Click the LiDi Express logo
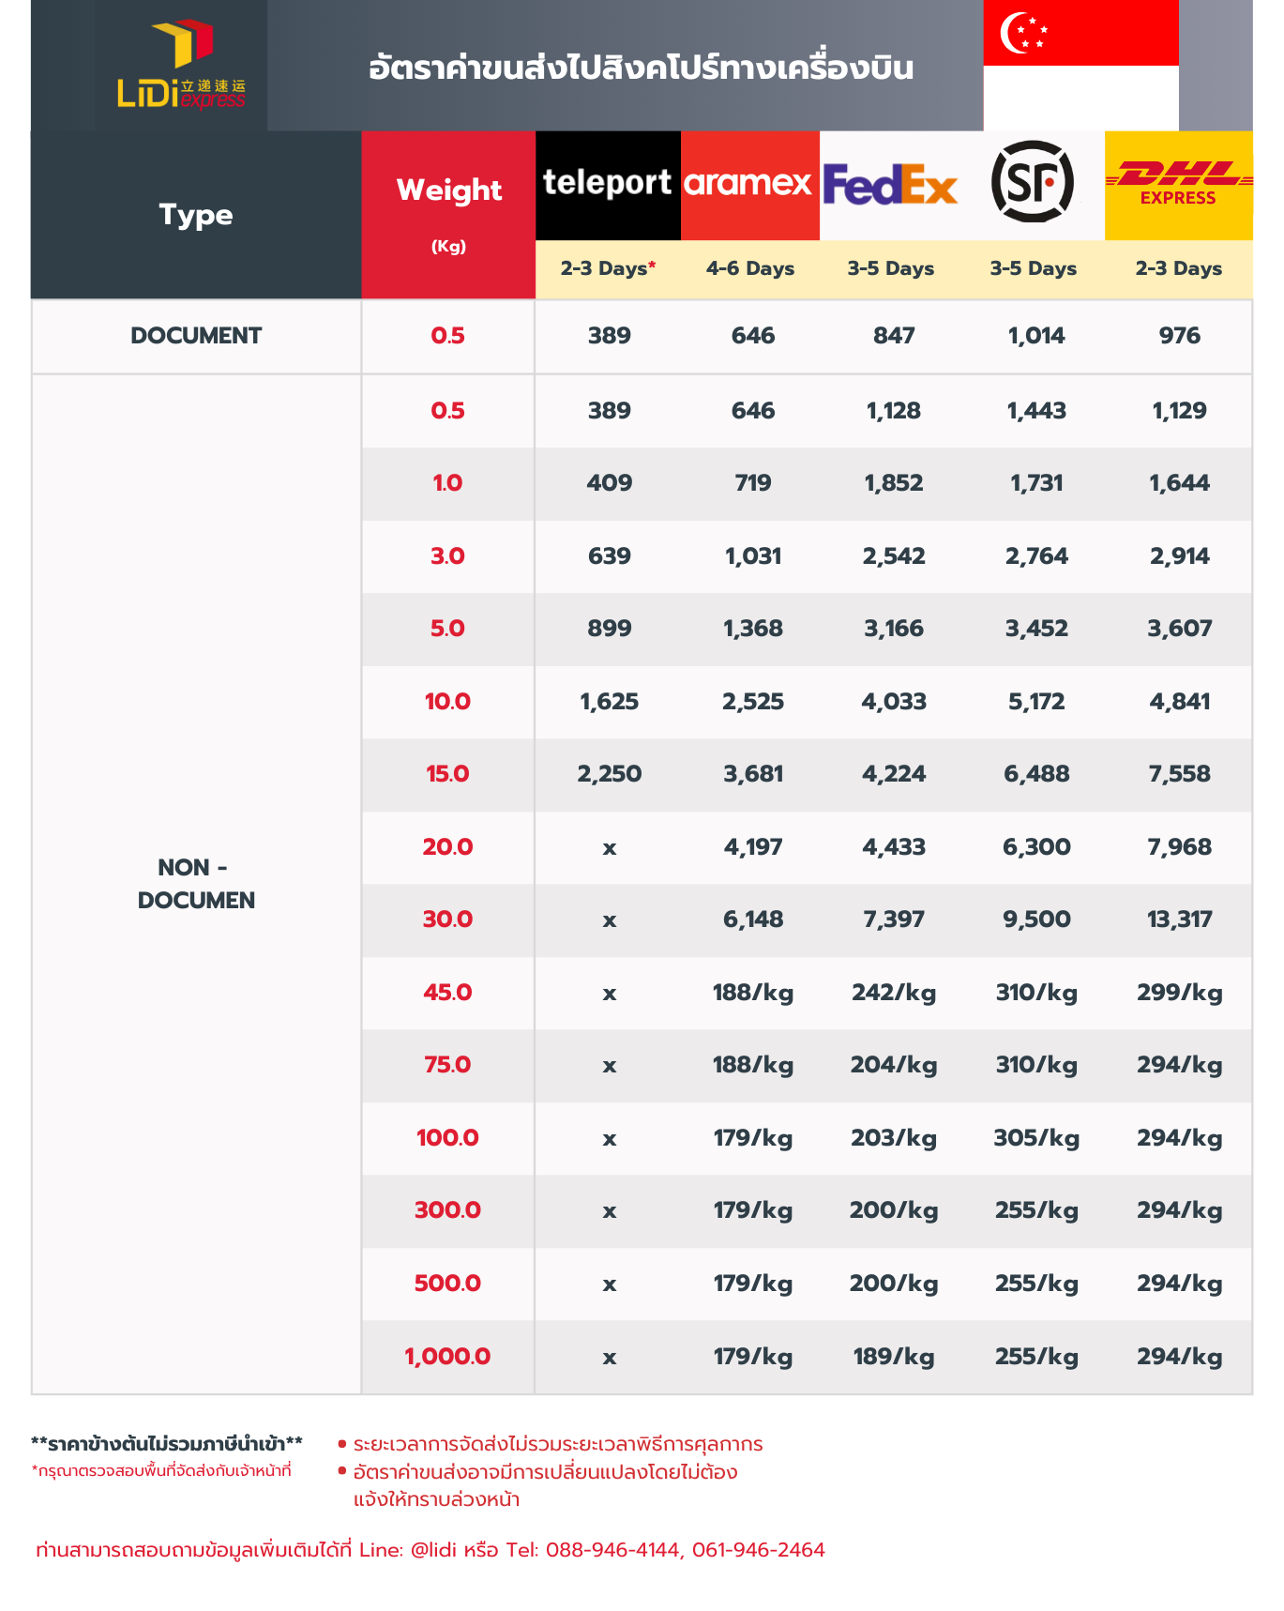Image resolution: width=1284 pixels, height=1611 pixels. pyautogui.click(x=181, y=66)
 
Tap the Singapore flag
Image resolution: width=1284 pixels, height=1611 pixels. pyautogui.click(x=1080, y=65)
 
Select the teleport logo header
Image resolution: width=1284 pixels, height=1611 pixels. pyautogui.click(x=608, y=184)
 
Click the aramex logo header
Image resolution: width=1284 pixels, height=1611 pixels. pyautogui.click(x=748, y=184)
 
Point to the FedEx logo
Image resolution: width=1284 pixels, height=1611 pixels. pyautogui.click(x=890, y=184)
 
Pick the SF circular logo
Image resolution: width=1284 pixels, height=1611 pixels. pyautogui.click(x=1032, y=182)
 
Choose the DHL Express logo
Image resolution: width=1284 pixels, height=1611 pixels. pyautogui.click(x=1178, y=184)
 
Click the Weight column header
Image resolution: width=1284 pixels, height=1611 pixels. pyautogui.click(x=448, y=190)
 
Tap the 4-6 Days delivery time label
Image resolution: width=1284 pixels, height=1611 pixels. pyautogui.click(x=750, y=268)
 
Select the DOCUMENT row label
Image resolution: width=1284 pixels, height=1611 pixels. pyautogui.click(x=196, y=336)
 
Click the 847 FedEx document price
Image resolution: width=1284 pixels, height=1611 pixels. pyautogui.click(x=893, y=336)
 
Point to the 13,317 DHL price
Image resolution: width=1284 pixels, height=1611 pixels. pyautogui.click(x=1179, y=919)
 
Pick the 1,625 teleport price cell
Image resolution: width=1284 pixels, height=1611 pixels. pyautogui.click(x=609, y=702)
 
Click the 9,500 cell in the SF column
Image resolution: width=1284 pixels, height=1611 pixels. pyautogui.click(x=1036, y=919)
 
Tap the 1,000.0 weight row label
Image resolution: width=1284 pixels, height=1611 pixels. pyautogui.click(x=447, y=1357)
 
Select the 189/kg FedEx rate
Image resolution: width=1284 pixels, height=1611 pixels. pyautogui.click(x=893, y=1357)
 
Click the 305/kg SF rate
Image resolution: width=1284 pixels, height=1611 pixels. pyautogui.click(x=1036, y=1138)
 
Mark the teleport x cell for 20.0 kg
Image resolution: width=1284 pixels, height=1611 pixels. pyautogui.click(x=609, y=848)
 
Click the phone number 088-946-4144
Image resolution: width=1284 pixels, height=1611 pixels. pyautogui.click(x=612, y=1550)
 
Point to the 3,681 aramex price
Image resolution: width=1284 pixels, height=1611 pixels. pyautogui.click(x=752, y=774)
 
